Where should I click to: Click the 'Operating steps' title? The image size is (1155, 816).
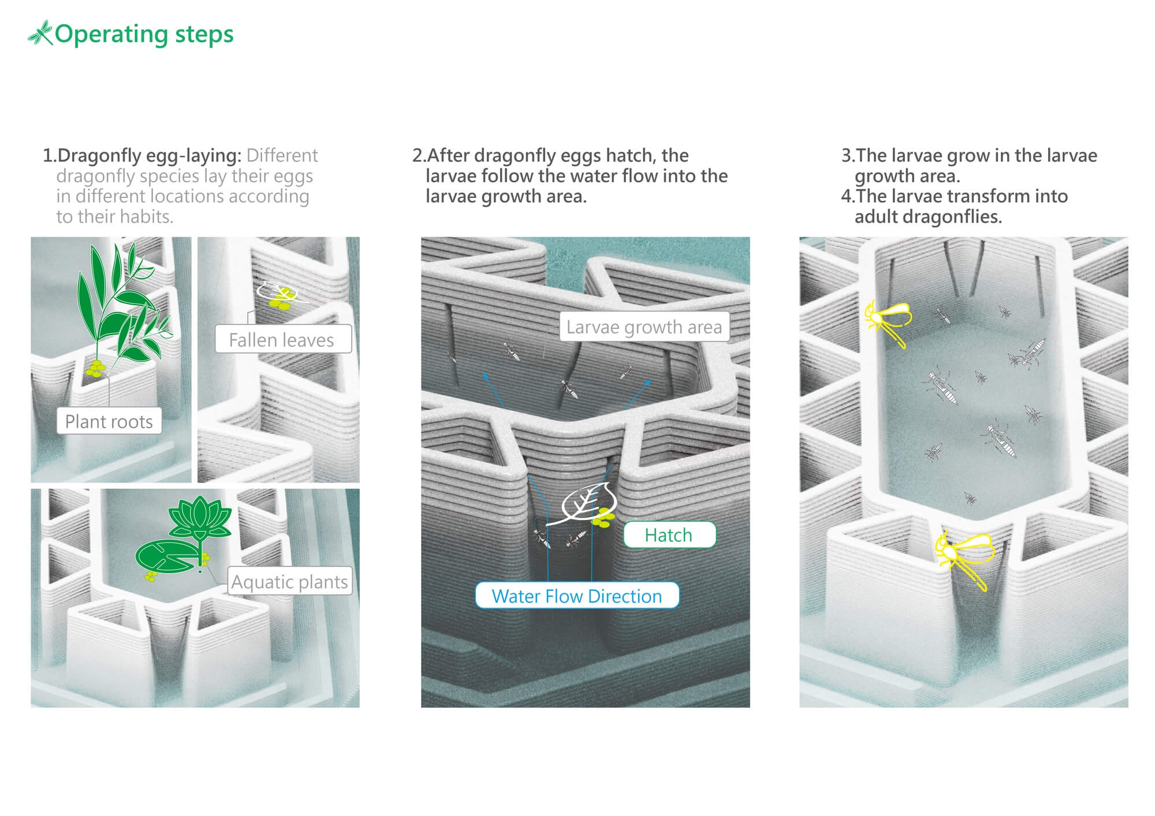(144, 35)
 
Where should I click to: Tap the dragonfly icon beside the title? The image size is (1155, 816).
(40, 33)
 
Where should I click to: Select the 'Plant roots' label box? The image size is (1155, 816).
(109, 421)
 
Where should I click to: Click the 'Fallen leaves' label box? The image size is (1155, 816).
(283, 339)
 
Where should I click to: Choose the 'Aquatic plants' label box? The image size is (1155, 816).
(289, 582)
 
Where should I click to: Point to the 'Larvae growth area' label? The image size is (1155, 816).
(644, 327)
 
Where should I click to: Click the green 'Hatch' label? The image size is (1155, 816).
(669, 535)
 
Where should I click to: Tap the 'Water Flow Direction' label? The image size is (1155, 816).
(577, 596)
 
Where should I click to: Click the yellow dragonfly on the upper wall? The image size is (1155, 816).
(888, 322)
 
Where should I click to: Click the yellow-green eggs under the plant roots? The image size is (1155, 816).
(96, 369)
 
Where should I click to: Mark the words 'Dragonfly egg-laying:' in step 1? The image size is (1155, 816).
(150, 156)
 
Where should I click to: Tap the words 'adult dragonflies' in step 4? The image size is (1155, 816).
(928, 217)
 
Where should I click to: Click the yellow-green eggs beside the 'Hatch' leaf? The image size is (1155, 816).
(603, 517)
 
